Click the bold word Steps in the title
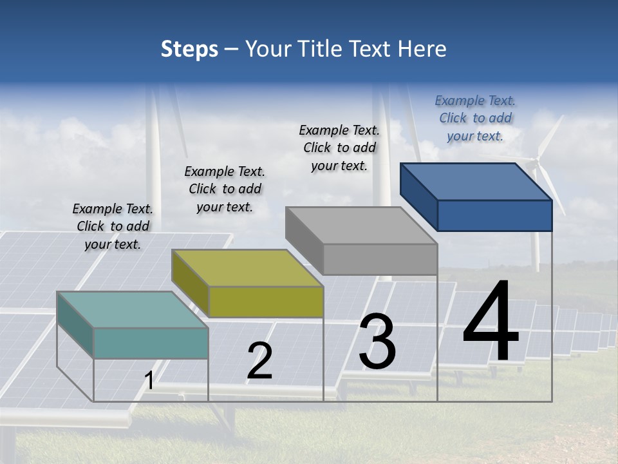(189, 49)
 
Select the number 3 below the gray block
(377, 342)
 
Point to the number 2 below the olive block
(259, 361)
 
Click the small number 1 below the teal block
(149, 381)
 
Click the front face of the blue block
(494, 215)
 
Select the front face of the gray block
(380, 259)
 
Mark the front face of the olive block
(266, 302)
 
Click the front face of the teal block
(151, 343)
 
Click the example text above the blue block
(475, 118)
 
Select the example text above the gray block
(339, 148)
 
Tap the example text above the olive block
(225, 189)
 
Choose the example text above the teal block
(113, 226)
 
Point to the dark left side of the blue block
(418, 196)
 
